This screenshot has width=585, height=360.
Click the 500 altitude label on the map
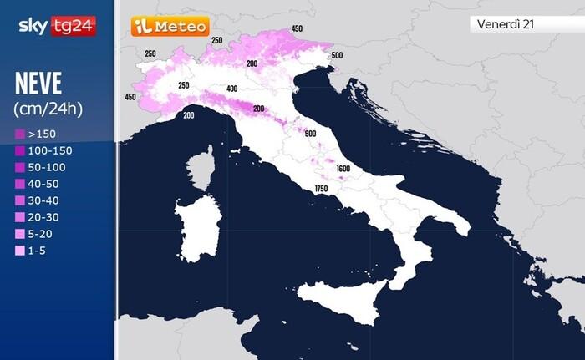(337, 56)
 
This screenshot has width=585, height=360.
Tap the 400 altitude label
(232, 89)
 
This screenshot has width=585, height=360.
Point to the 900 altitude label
(311, 134)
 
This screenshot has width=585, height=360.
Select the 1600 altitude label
(343, 169)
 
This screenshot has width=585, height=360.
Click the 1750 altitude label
(321, 190)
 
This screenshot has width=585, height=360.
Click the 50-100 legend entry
(43, 167)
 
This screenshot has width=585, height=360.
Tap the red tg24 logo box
(74, 26)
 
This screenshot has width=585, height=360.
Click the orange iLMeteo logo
(170, 27)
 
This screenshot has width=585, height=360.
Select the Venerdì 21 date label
(506, 24)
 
